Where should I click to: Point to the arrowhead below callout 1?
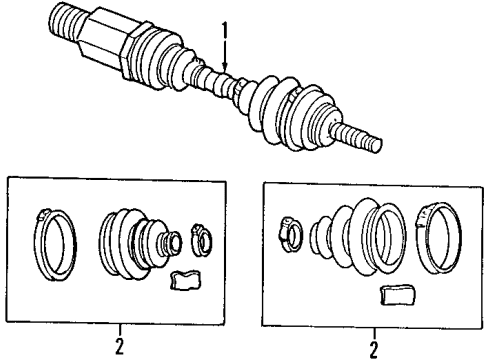pos(226,71)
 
